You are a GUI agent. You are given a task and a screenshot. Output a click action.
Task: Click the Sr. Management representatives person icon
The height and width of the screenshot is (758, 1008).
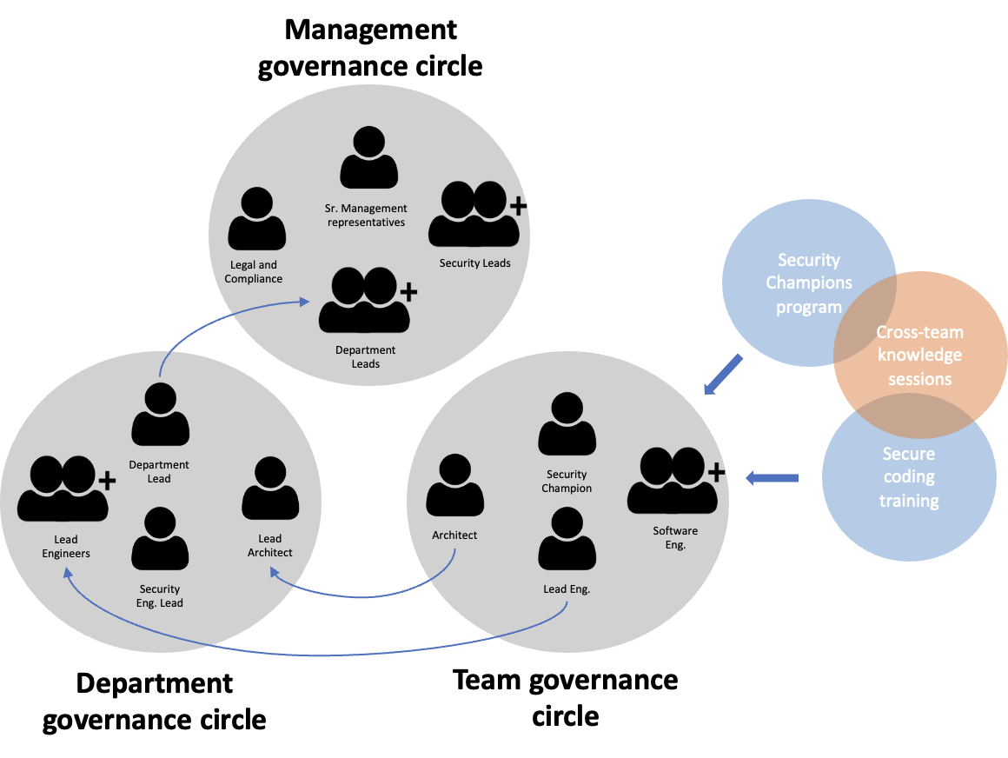pyautogui.click(x=368, y=158)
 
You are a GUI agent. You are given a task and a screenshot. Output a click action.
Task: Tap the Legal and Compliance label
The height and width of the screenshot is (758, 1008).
pyautogui.click(x=254, y=272)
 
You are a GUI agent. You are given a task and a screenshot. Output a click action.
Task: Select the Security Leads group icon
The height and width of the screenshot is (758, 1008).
pyautogui.click(x=474, y=215)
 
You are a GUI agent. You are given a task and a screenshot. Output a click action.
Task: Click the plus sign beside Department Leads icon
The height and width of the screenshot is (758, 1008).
pyautogui.click(x=408, y=291)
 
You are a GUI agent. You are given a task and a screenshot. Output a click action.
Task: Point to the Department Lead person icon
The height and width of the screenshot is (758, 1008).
pyautogui.click(x=160, y=415)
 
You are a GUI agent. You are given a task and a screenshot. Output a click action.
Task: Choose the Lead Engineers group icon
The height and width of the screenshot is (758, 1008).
pyautogui.click(x=63, y=489)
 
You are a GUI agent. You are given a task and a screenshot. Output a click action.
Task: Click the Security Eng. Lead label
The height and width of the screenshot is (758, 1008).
pyautogui.click(x=160, y=596)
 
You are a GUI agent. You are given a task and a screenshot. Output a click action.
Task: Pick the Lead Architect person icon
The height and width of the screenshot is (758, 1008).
pyautogui.click(x=270, y=489)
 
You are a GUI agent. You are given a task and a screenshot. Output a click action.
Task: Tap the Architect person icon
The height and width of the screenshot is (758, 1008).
pyautogui.click(x=454, y=485)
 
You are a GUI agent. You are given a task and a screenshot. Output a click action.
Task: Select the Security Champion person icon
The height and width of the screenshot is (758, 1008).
pyautogui.click(x=567, y=424)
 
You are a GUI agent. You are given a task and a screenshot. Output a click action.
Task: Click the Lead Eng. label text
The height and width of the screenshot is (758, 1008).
pyautogui.click(x=567, y=589)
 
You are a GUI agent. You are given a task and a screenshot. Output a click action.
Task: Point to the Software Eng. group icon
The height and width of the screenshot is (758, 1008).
pyautogui.click(x=672, y=481)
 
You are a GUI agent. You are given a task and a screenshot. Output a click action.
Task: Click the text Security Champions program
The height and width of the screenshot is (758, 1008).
pyautogui.click(x=809, y=283)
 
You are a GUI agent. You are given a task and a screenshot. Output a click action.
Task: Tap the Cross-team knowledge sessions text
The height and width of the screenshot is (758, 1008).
pyautogui.click(x=919, y=356)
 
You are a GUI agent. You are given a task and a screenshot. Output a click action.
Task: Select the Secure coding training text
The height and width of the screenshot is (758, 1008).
pyautogui.click(x=909, y=477)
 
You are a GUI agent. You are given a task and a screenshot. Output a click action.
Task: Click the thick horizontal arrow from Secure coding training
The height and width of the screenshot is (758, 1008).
pyautogui.click(x=773, y=477)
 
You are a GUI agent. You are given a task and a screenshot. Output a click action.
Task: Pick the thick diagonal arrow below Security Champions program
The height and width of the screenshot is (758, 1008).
pyautogui.click(x=723, y=375)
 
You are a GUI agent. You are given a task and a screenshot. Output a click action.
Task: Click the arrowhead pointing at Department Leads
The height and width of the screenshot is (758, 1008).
pyautogui.click(x=305, y=302)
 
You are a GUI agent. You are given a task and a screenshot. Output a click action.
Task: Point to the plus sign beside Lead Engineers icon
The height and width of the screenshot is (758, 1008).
pyautogui.click(x=106, y=480)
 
